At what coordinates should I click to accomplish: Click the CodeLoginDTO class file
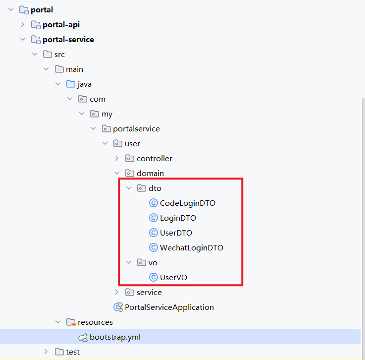tap(187, 203)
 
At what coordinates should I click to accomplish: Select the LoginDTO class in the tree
tap(178, 218)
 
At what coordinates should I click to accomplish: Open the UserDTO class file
tap(176, 233)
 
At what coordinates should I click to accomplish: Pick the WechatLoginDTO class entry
tap(191, 248)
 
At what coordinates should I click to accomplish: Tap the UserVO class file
tap(173, 278)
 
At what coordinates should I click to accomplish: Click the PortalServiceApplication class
tap(169, 307)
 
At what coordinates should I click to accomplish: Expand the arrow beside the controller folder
tap(117, 159)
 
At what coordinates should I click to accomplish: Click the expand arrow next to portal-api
tap(22, 25)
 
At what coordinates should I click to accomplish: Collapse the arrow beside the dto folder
tap(129, 188)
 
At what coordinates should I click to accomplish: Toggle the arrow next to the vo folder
tap(129, 263)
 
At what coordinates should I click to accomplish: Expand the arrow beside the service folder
tap(117, 293)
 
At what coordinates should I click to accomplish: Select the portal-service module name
tap(68, 40)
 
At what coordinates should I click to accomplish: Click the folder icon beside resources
tap(71, 322)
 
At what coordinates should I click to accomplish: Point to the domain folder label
tap(150, 174)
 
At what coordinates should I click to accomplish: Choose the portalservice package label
tap(136, 129)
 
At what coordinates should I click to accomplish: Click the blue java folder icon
tap(71, 84)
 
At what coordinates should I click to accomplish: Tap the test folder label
tap(73, 352)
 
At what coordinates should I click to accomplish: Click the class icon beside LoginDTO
tap(154, 218)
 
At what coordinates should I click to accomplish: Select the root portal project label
tap(42, 10)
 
